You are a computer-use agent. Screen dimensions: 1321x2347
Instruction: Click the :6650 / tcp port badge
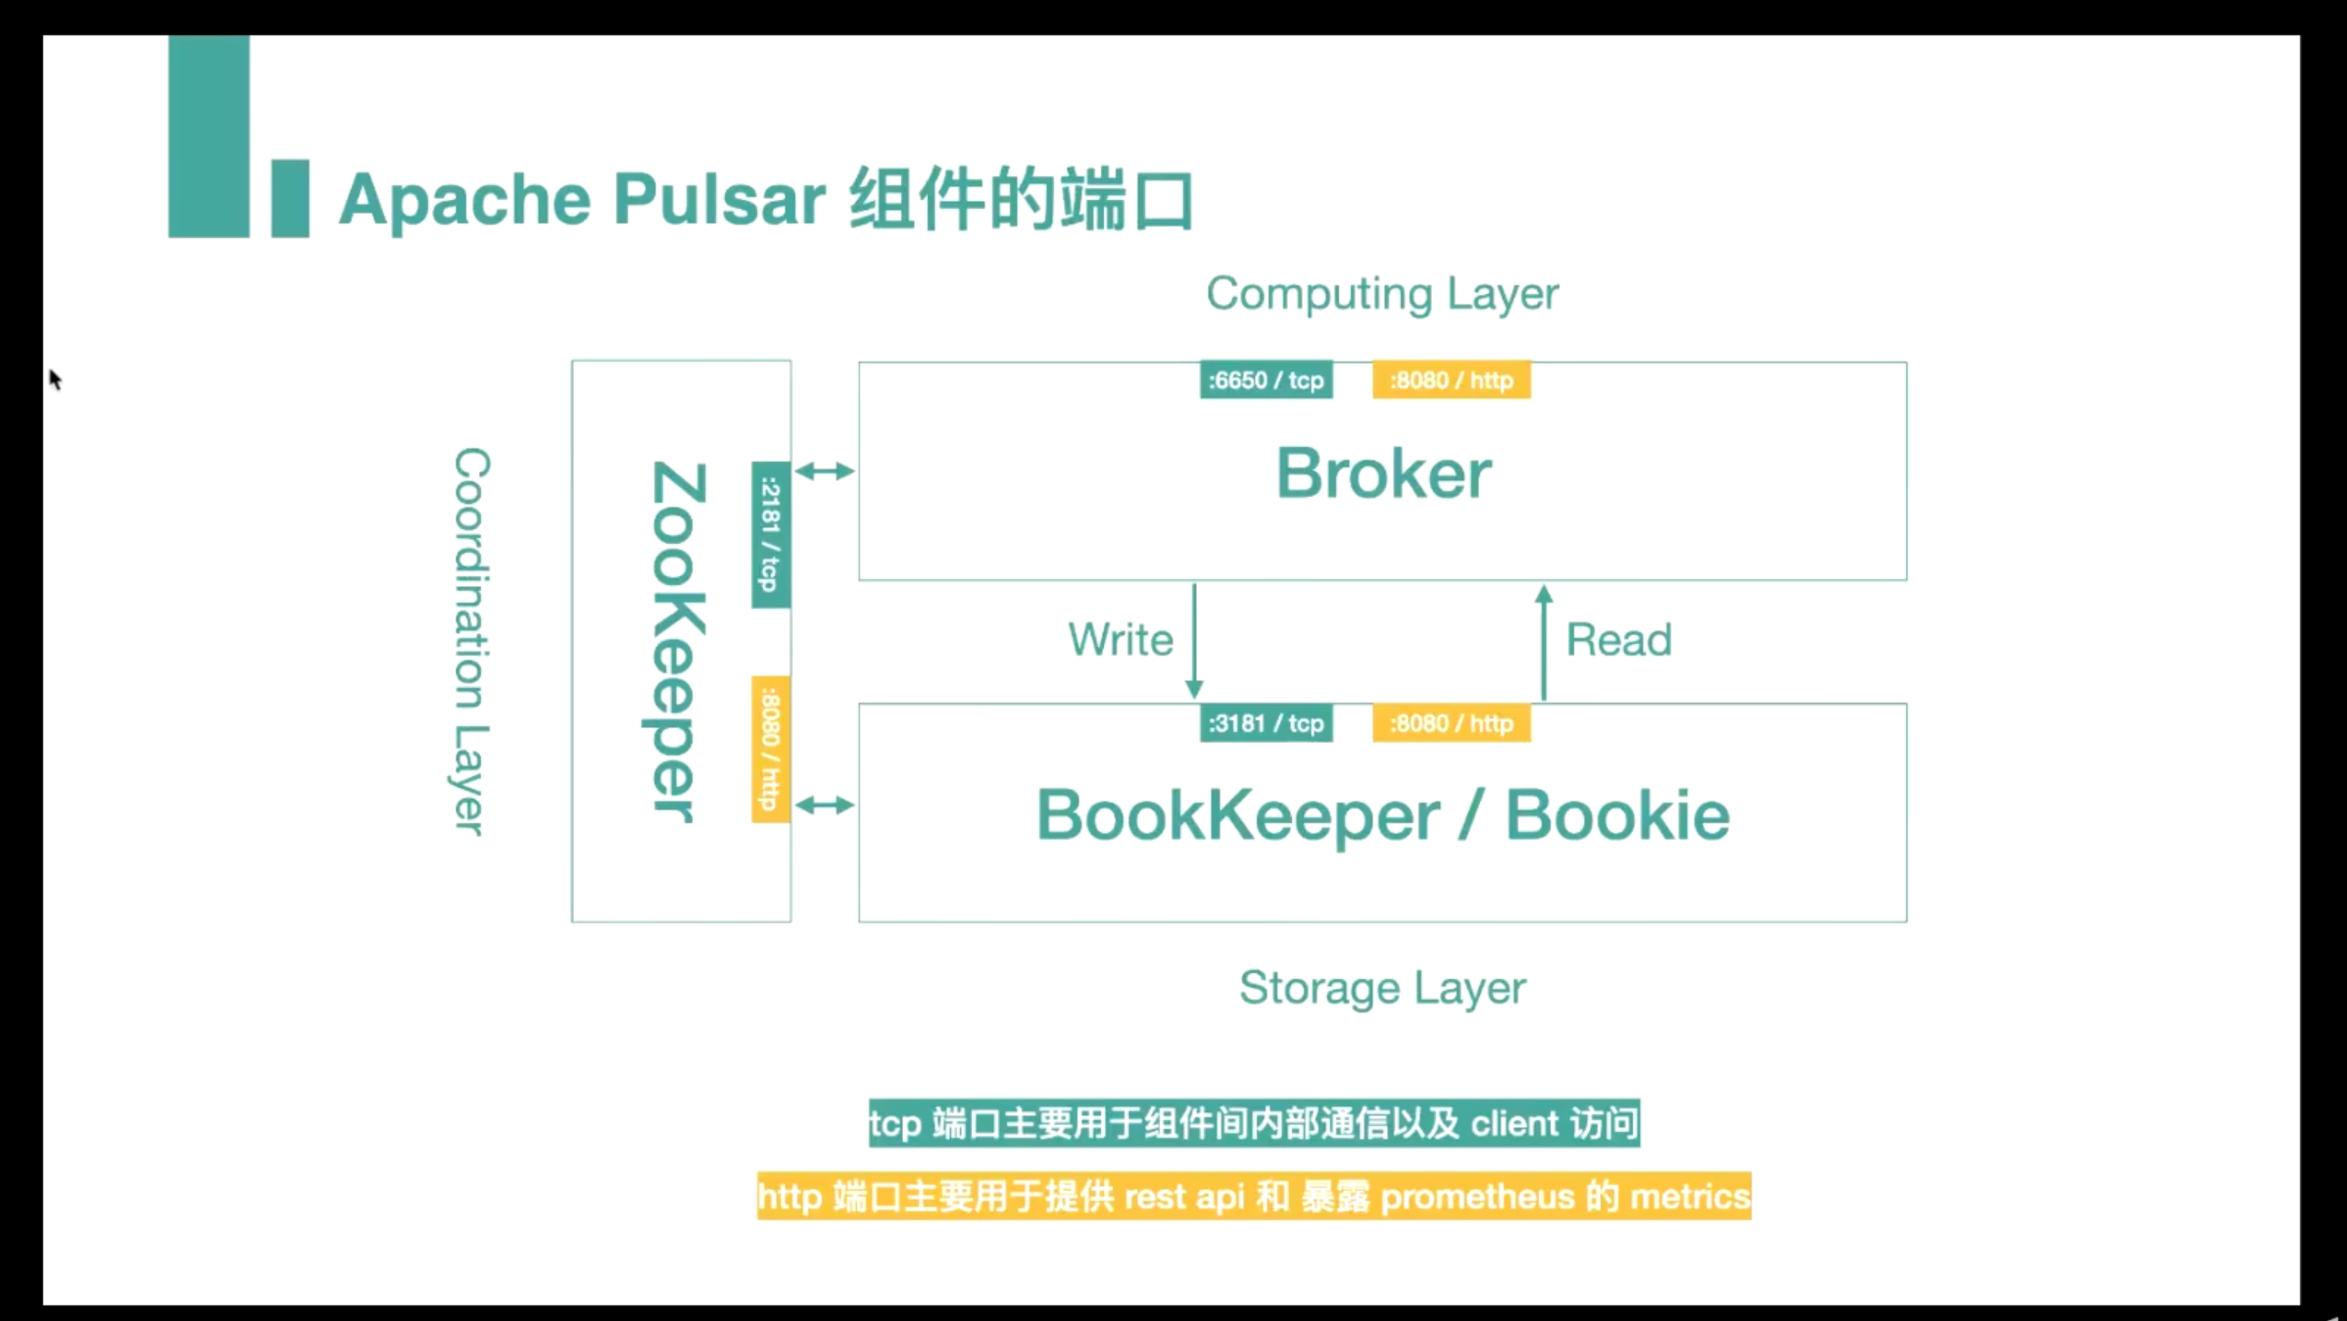click(1266, 380)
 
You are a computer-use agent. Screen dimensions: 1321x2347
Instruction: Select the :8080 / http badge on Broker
click(1451, 380)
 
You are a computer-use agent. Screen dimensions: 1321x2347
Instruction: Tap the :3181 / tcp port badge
click(1266, 723)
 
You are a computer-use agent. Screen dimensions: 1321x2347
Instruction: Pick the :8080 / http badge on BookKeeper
click(1451, 723)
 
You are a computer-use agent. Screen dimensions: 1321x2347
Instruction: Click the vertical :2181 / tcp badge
click(771, 534)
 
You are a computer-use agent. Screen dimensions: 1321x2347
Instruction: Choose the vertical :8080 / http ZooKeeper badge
click(771, 750)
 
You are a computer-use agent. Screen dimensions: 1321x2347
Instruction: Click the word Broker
click(1383, 473)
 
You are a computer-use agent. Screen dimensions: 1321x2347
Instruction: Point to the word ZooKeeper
click(677, 642)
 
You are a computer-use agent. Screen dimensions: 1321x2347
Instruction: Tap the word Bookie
click(1617, 815)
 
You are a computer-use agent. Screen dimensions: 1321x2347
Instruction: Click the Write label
click(1121, 640)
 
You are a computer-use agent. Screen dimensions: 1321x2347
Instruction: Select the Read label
click(1618, 640)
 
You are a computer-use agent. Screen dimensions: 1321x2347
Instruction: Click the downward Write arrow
click(1194, 642)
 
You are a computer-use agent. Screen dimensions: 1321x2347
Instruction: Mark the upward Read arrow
click(1544, 642)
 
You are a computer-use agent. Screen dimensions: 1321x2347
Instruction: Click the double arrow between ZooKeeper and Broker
click(825, 471)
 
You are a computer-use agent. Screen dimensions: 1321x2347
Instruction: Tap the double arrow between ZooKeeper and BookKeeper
click(825, 806)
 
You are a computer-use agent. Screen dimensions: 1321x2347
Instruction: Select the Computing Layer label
click(1382, 294)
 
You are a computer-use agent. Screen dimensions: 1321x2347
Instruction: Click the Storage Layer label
click(1382, 988)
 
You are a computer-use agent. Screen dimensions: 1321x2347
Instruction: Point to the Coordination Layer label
click(471, 642)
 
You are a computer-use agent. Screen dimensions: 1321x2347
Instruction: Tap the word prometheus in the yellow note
click(1477, 1197)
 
